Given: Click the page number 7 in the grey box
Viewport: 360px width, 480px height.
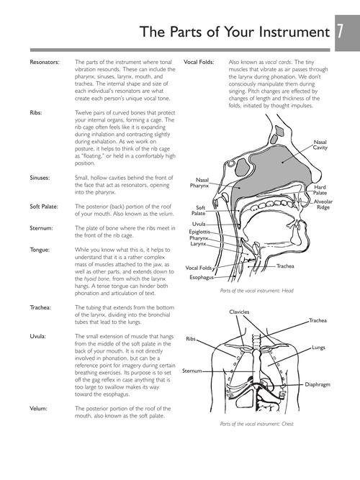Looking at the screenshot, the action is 341,32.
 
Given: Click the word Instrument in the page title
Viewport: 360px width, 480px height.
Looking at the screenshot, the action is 294,32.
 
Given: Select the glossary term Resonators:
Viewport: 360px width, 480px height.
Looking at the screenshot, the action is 45,62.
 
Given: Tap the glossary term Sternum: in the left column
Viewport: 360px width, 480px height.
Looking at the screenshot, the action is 41,228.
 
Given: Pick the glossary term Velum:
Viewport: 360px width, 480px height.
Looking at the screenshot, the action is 38,408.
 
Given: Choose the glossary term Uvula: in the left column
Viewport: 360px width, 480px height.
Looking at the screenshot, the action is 37,336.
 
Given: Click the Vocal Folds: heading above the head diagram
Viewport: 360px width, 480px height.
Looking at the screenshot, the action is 199,62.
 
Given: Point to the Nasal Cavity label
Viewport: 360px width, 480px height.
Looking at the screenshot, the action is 320,145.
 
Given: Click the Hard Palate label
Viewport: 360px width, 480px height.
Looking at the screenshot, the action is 320,190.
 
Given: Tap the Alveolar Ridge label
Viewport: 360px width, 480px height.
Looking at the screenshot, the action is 323,204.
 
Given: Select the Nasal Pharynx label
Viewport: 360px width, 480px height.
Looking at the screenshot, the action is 199,183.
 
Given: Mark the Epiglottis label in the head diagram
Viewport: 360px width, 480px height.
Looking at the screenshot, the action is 199,232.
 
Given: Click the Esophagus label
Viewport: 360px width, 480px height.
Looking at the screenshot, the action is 202,277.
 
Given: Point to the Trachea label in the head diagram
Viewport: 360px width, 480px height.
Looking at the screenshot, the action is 285,266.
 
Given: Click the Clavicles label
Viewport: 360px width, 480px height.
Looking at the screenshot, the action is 239,312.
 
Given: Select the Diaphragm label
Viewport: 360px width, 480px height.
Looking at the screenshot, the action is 318,384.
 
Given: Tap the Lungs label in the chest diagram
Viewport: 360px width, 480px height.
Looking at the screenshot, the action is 318,348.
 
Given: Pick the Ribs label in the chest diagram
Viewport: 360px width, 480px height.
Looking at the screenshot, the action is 191,339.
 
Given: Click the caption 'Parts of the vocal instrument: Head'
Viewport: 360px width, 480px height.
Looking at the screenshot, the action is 257,291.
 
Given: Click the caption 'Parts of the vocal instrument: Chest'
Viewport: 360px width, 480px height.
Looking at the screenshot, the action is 257,424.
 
